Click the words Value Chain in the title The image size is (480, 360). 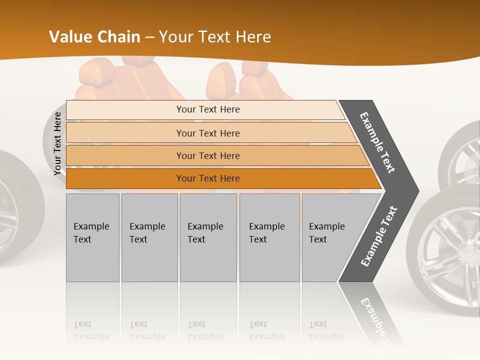coord(94,37)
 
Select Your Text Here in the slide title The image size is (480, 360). coord(215,37)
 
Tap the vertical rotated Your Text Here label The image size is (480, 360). coord(57,143)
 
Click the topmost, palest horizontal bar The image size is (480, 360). coord(207,109)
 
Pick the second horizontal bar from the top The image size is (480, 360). coord(207,133)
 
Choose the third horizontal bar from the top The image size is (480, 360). coord(207,155)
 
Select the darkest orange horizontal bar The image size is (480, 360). coord(207,178)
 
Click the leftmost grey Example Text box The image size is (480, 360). coord(92,237)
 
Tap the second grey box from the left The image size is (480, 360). coord(149,237)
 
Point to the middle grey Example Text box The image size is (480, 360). coord(208,237)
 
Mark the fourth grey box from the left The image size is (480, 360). coord(269,237)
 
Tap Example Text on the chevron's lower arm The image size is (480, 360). coord(379,236)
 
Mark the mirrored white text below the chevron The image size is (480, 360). coord(375,315)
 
